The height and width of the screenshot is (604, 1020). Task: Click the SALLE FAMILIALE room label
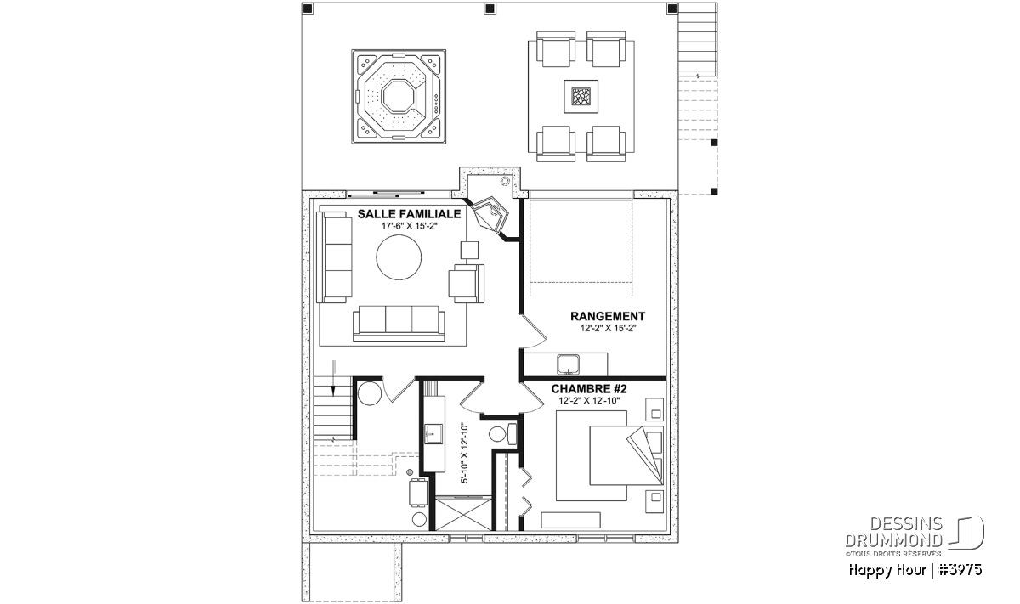[x=409, y=214]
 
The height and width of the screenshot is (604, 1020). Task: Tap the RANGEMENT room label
[x=608, y=316]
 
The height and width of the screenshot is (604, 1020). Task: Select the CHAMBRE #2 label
[x=589, y=389]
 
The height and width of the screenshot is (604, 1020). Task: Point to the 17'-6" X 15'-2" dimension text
[x=409, y=226]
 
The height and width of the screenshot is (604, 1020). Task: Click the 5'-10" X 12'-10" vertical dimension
[x=464, y=453]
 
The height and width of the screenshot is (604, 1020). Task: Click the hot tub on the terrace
[x=399, y=97]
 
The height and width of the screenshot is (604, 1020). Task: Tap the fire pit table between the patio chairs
[x=581, y=97]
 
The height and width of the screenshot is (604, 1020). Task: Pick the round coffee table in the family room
[x=399, y=257]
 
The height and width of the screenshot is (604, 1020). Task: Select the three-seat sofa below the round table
[x=399, y=323]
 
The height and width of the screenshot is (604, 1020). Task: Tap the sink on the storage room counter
[x=568, y=365]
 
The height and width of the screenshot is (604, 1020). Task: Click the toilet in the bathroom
[x=502, y=434]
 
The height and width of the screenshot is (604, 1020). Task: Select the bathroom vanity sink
[x=433, y=434]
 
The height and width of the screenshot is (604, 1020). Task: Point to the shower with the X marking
[x=463, y=514]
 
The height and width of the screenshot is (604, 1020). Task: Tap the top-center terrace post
[x=490, y=8]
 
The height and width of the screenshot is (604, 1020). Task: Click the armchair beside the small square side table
[x=467, y=283]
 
